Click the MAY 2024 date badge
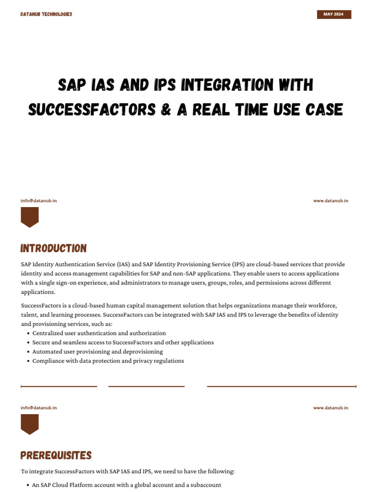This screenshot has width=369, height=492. (334, 14)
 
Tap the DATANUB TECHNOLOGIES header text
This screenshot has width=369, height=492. (46, 14)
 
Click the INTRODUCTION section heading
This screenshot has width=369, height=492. (53, 248)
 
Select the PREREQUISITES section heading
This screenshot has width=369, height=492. (56, 455)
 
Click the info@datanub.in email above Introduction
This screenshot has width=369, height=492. (38, 201)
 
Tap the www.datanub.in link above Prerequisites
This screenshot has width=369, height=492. (331, 408)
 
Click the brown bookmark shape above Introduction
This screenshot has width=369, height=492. (30, 217)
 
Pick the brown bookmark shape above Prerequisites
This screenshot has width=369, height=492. (30, 424)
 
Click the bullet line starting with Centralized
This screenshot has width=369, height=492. (99, 333)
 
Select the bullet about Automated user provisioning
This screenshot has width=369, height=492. (98, 352)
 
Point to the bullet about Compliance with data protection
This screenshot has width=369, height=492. (108, 361)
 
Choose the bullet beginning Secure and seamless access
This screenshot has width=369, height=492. (123, 343)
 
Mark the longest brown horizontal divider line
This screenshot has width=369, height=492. (282, 386)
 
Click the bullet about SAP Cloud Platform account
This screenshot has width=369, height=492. (126, 485)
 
